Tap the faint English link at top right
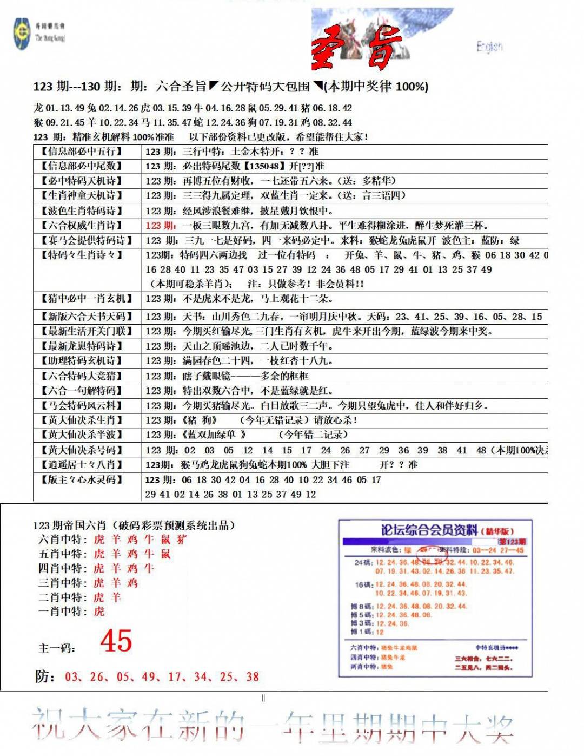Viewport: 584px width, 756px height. click(489, 47)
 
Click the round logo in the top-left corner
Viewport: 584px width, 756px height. click(22, 34)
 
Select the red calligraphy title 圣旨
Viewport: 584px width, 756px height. click(357, 49)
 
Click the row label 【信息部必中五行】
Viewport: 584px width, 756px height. click(82, 152)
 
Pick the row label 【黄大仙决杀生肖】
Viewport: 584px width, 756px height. click(82, 420)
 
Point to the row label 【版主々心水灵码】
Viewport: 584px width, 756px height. click(82, 479)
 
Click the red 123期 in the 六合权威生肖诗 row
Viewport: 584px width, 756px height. click(160, 226)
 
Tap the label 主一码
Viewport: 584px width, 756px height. click(57, 648)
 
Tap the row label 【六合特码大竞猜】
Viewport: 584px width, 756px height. click(82, 376)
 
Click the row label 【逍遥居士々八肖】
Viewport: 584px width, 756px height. click(82, 464)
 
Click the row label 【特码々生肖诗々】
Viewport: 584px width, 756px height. click(82, 255)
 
